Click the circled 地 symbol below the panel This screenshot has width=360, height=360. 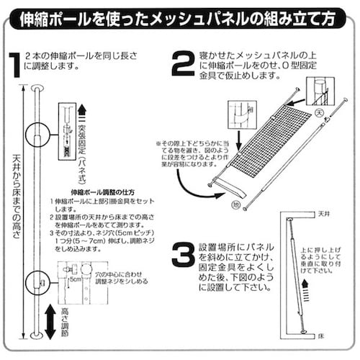point(233,206)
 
